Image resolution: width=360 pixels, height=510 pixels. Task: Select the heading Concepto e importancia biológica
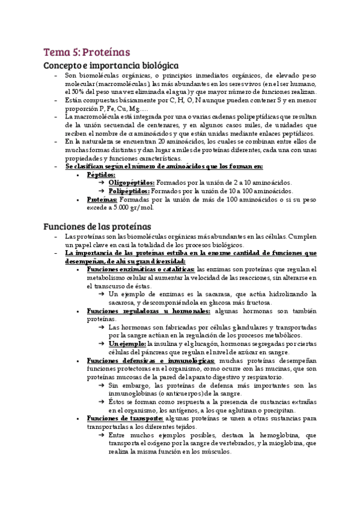point(111,66)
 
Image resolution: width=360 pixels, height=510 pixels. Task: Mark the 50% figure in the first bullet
point(72,91)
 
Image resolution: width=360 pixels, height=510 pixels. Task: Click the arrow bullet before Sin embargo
point(102,385)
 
